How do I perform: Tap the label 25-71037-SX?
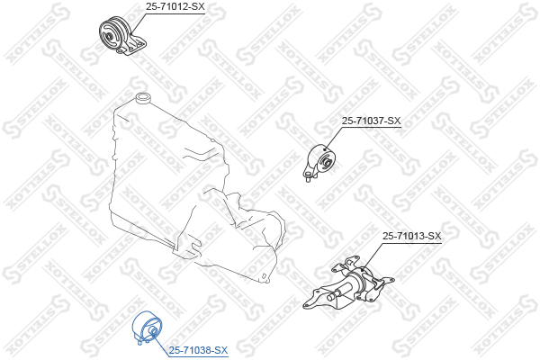point(371,121)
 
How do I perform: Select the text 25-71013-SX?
point(411,237)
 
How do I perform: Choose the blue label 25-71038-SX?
point(199,349)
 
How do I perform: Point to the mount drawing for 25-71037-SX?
point(322,162)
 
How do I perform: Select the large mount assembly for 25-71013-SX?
point(351,288)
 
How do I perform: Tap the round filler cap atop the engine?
point(141,97)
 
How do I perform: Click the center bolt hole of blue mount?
point(153,334)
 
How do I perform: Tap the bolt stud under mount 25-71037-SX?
point(309,177)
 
